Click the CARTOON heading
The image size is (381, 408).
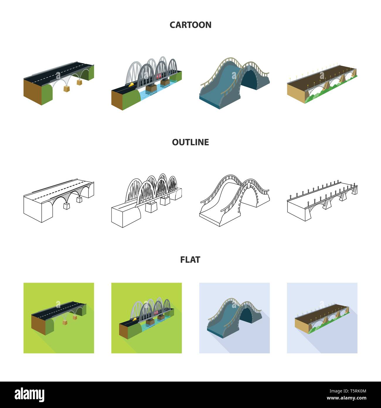coord(190,25)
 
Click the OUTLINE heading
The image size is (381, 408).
coord(190,142)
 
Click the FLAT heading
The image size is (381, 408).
coord(190,260)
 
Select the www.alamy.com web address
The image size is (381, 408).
coord(346,398)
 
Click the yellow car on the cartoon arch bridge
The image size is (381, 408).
coord(131,84)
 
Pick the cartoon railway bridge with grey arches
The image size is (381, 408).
coord(147,83)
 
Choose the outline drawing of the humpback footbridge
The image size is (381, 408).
coord(234,200)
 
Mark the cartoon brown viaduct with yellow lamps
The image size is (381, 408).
coord(322,84)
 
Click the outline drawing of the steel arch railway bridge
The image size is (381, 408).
coord(147,200)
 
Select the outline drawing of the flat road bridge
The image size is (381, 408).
coord(59,200)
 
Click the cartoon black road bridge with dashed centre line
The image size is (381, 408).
coord(59,83)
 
